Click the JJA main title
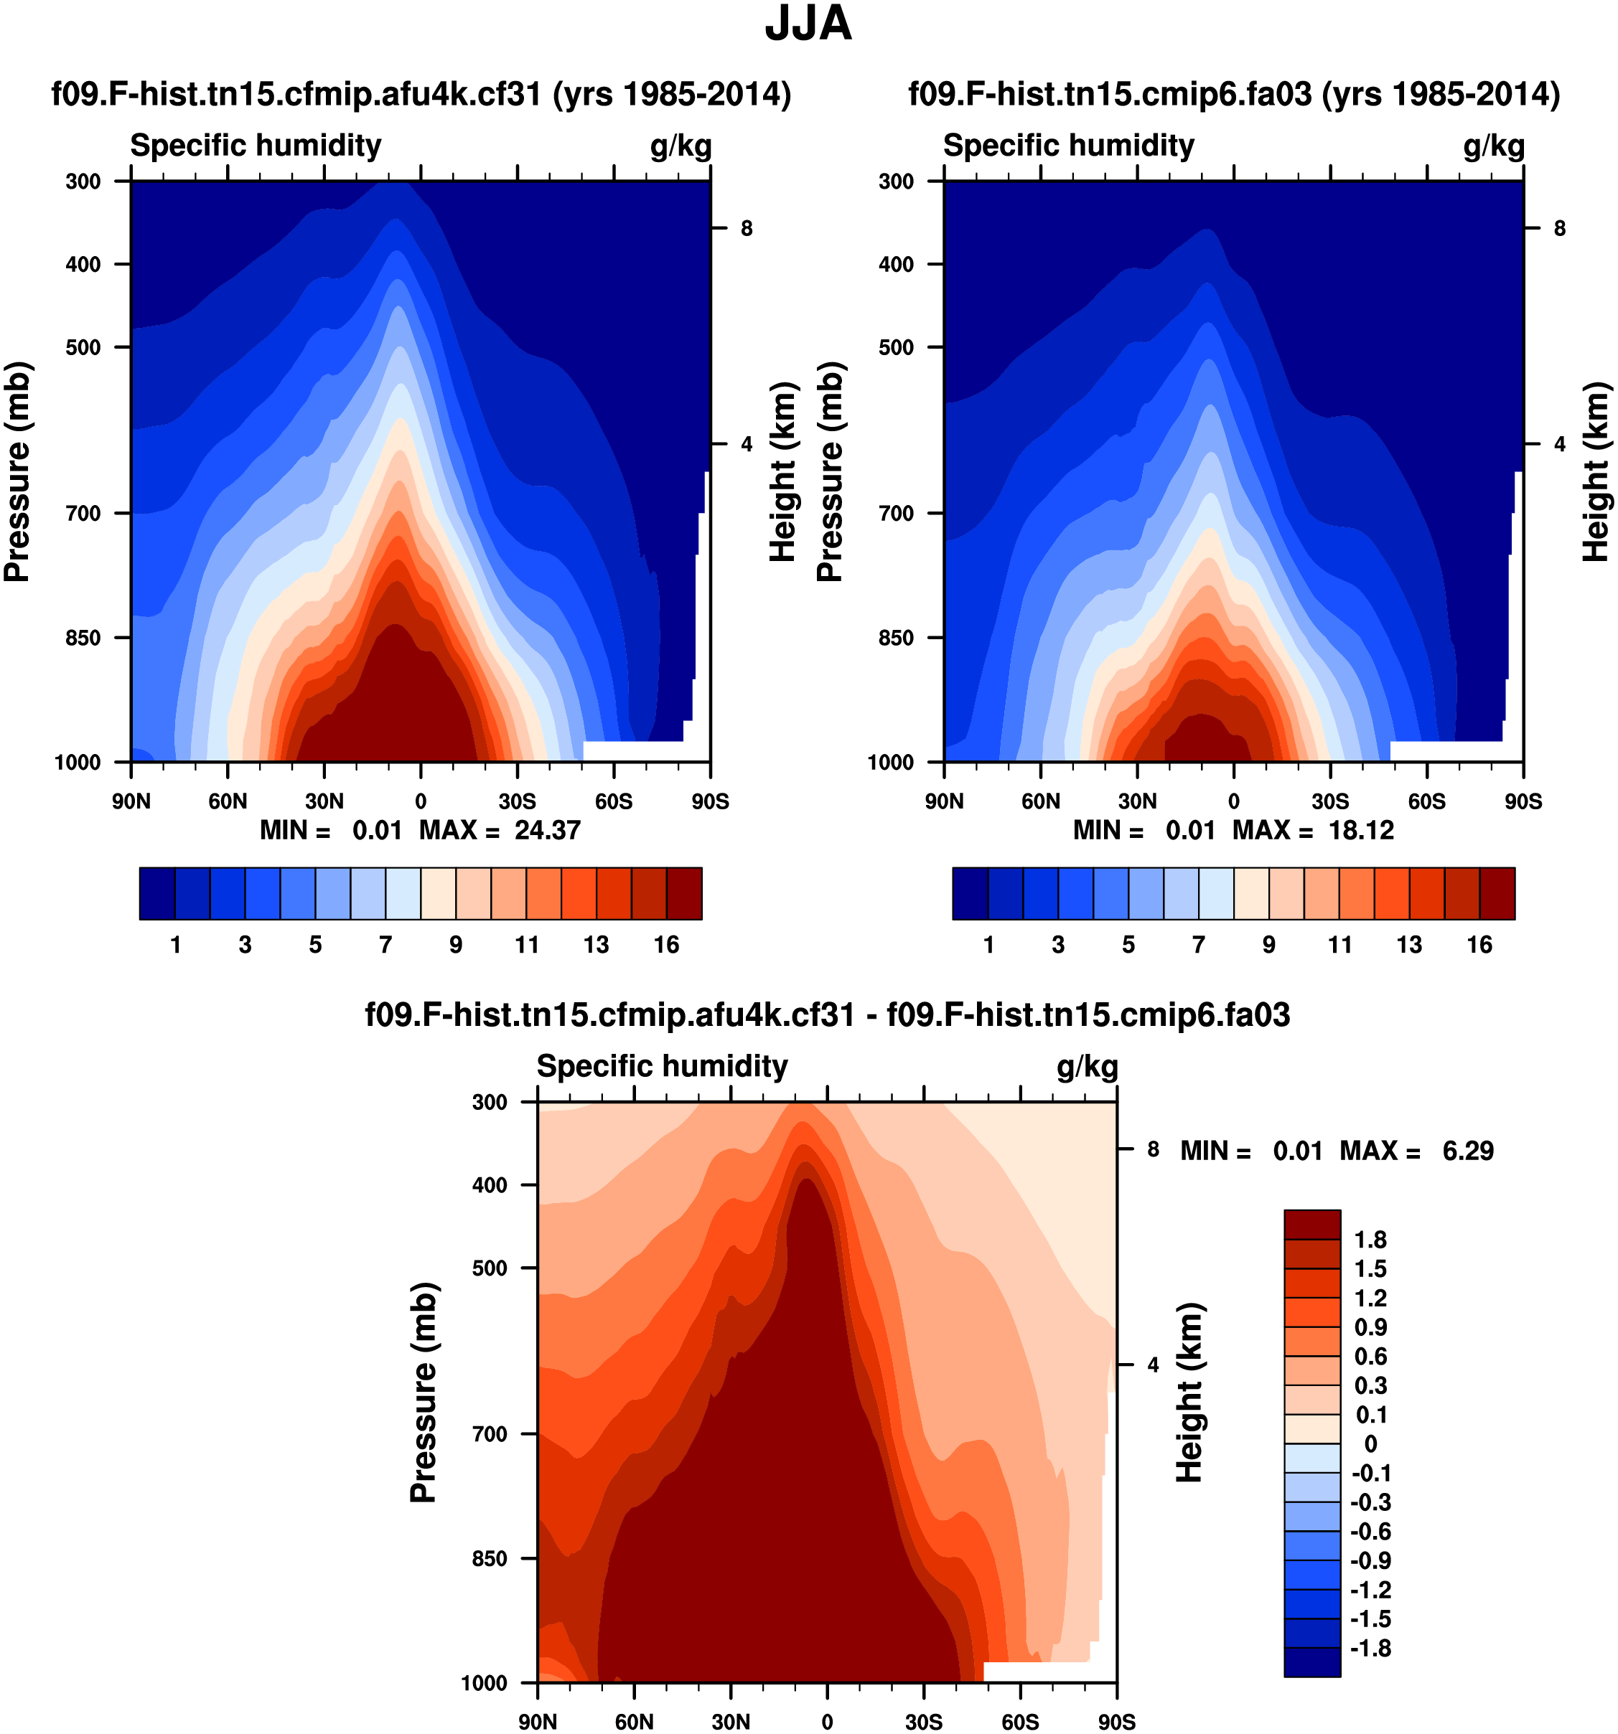point(808,24)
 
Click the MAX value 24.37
point(547,830)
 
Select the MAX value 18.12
point(1360,830)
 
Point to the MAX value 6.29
point(1468,1151)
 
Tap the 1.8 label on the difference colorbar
point(1370,1240)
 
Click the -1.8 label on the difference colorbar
point(1370,1649)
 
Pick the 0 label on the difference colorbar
point(1370,1444)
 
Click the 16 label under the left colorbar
point(667,945)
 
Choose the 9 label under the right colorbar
point(1269,945)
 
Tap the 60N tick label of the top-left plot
point(228,801)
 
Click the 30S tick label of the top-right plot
point(1330,801)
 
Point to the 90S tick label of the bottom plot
point(1116,1722)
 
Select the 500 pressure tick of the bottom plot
point(490,1268)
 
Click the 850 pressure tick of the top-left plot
point(84,638)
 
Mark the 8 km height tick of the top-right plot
point(1560,229)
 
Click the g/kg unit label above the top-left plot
point(681,146)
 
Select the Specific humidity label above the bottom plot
point(662,1066)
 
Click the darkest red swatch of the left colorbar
point(684,893)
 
